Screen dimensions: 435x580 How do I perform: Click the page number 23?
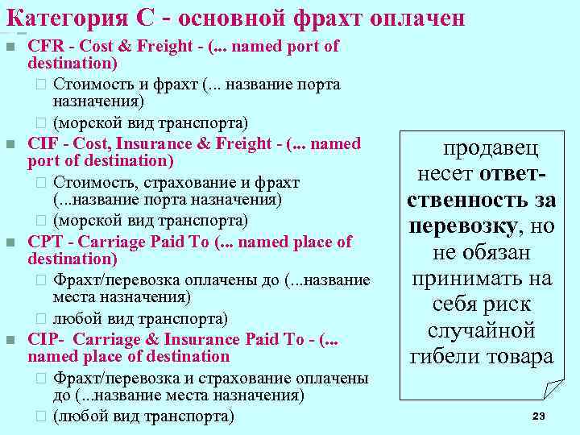point(539,416)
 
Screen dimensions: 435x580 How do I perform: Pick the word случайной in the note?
point(482,330)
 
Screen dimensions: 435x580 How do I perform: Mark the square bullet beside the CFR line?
point(10,47)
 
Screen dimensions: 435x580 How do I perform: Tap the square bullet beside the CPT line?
point(10,242)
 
